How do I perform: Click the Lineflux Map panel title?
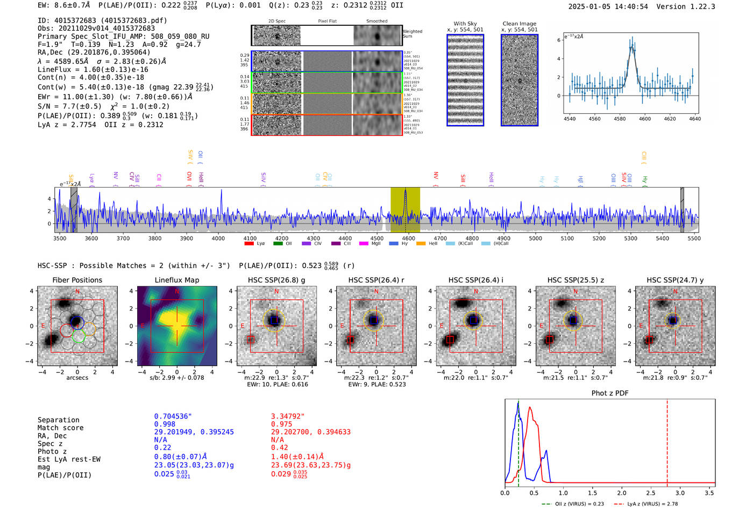(176, 280)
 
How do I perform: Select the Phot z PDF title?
(610, 393)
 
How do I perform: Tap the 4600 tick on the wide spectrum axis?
(408, 238)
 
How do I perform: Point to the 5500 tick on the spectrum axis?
(693, 238)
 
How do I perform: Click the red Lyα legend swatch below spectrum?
(249, 244)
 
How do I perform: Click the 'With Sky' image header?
(465, 24)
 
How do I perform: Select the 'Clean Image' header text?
(519, 24)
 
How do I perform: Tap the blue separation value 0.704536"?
(173, 416)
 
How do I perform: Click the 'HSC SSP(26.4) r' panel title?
(376, 280)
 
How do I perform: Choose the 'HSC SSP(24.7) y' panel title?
(675, 280)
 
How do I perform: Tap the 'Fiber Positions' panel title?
(77, 280)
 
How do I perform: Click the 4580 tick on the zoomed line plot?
(620, 119)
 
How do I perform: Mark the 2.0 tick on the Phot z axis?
(622, 493)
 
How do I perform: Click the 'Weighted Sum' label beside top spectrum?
(413, 33)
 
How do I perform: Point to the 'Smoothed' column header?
(376, 21)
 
